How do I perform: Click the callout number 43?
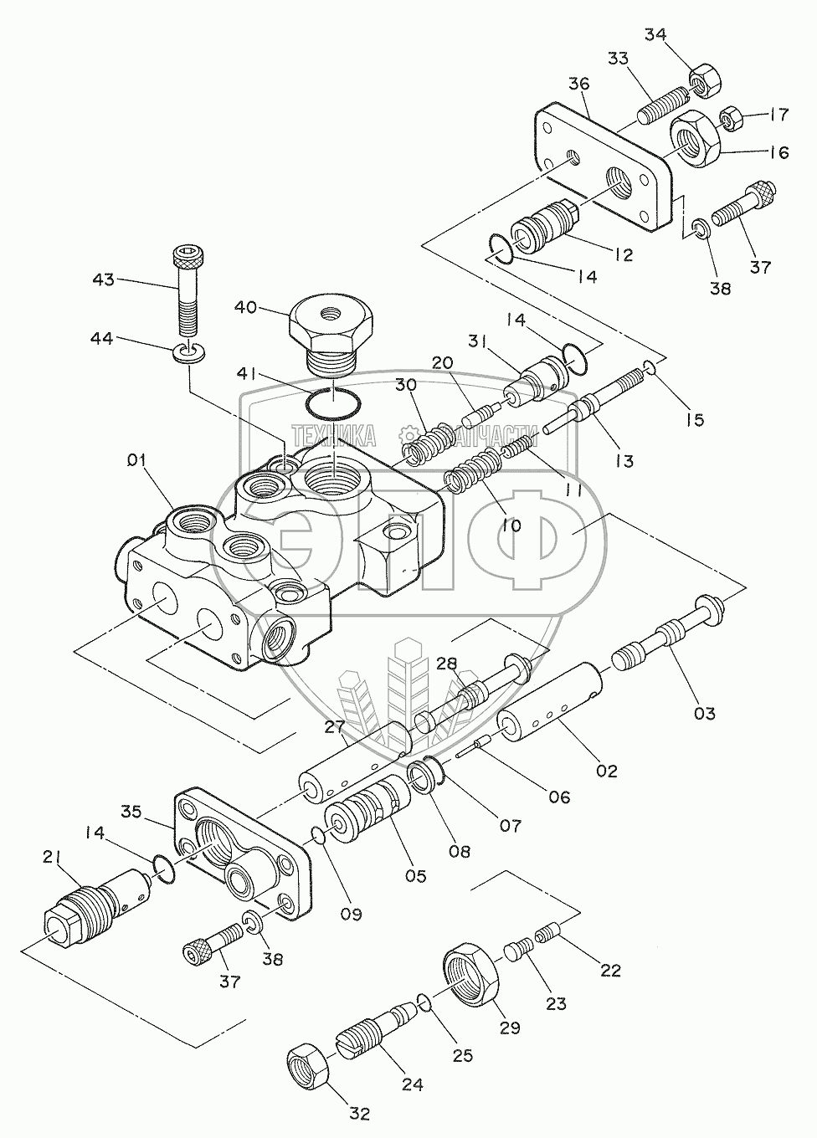click(104, 279)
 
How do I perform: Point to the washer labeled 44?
click(190, 354)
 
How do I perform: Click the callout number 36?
click(578, 84)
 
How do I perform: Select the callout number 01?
click(136, 461)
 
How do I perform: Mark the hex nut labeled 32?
click(308, 1074)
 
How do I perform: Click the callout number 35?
click(131, 812)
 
